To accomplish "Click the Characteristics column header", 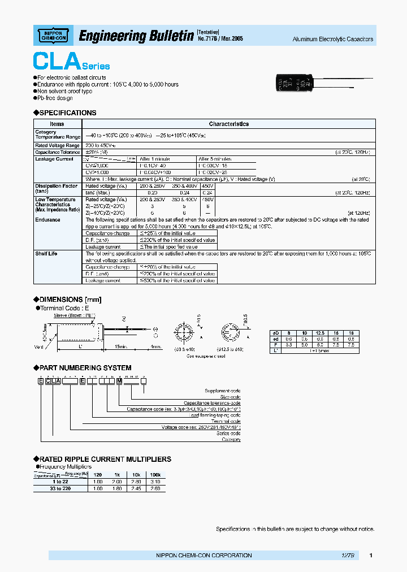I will click(x=228, y=124).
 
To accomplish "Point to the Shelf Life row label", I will click(x=46, y=254).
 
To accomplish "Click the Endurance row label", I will click(x=47, y=220).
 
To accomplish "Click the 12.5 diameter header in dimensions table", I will click(x=319, y=333).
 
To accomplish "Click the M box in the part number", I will click(x=119, y=382).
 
